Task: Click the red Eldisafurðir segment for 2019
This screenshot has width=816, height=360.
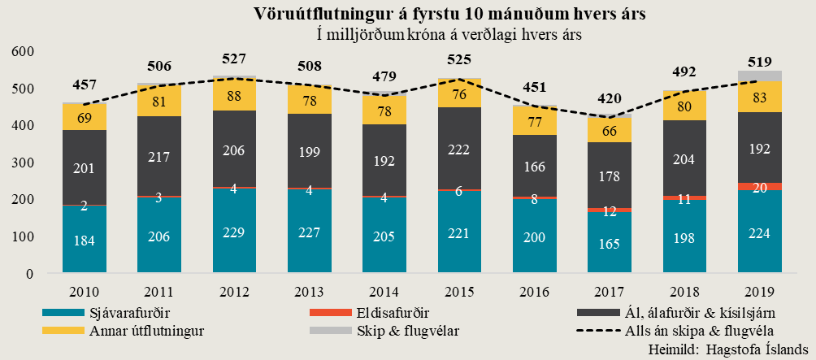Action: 760,187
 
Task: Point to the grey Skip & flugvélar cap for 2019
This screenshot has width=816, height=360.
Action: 760,76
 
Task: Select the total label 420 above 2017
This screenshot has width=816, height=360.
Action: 610,99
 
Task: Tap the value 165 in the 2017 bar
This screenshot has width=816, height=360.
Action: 610,242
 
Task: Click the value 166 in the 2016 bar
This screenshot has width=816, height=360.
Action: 535,166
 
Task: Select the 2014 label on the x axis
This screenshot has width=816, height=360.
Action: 385,292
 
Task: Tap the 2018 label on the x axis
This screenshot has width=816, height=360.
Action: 685,292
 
